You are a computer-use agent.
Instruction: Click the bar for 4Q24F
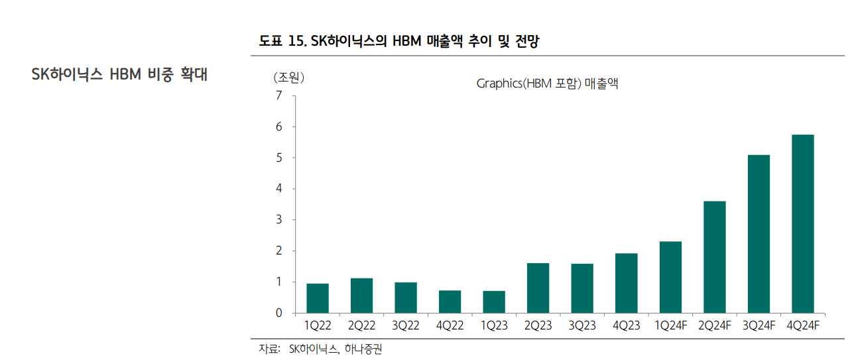coord(802,223)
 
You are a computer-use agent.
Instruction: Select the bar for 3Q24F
coord(759,233)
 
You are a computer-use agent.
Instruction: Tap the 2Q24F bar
coord(714,257)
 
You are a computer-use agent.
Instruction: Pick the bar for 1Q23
coord(494,302)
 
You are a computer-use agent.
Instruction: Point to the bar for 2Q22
coord(361,295)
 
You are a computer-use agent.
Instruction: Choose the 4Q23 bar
coord(626,283)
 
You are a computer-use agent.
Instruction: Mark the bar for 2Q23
coord(538,288)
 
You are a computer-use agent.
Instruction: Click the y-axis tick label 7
coord(278,95)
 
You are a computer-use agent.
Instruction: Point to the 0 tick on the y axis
coord(278,313)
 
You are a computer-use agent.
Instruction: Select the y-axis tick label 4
coord(278,189)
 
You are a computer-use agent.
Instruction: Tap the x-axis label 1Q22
coord(317,326)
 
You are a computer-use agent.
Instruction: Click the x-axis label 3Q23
coord(582,326)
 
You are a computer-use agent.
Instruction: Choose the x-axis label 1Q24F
coord(670,326)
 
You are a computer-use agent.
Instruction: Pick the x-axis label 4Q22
coord(450,326)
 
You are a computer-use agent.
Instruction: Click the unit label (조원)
coord(288,78)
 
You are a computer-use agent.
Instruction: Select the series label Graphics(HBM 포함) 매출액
coord(547,84)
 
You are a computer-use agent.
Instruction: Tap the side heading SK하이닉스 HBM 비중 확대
coord(119,74)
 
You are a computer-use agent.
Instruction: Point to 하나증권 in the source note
coord(364,349)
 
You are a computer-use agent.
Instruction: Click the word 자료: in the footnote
coord(269,349)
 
